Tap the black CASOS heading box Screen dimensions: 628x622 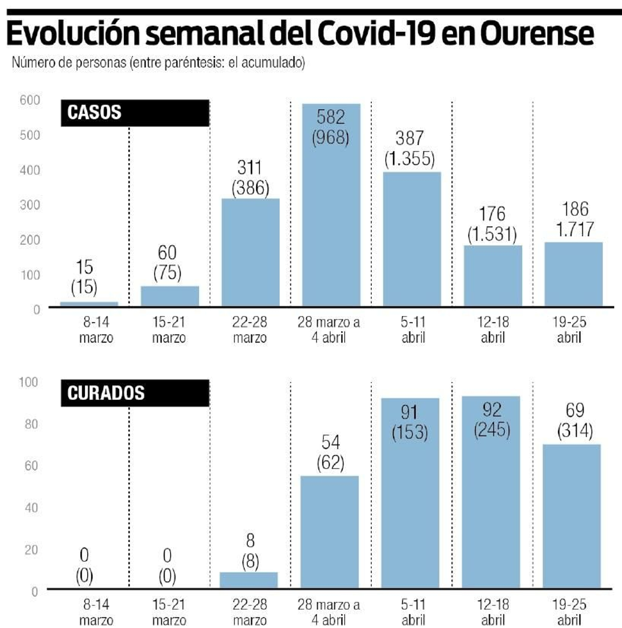(135, 113)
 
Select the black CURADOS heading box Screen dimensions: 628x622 (135, 393)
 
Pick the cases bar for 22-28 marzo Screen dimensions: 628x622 (250, 253)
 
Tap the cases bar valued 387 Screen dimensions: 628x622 (412, 239)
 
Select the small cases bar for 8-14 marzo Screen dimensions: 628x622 (89, 304)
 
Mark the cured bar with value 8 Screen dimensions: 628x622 (249, 579)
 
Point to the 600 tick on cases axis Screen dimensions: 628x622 (30, 100)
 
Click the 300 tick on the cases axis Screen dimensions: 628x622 (30, 205)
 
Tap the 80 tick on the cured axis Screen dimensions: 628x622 (31, 424)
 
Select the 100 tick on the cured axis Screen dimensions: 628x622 (29, 382)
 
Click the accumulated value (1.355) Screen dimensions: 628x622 (409, 159)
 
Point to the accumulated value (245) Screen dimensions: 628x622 (492, 429)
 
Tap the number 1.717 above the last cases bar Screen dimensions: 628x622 (575, 229)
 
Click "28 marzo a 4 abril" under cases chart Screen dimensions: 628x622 (329, 330)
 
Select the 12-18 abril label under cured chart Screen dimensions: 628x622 (493, 611)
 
